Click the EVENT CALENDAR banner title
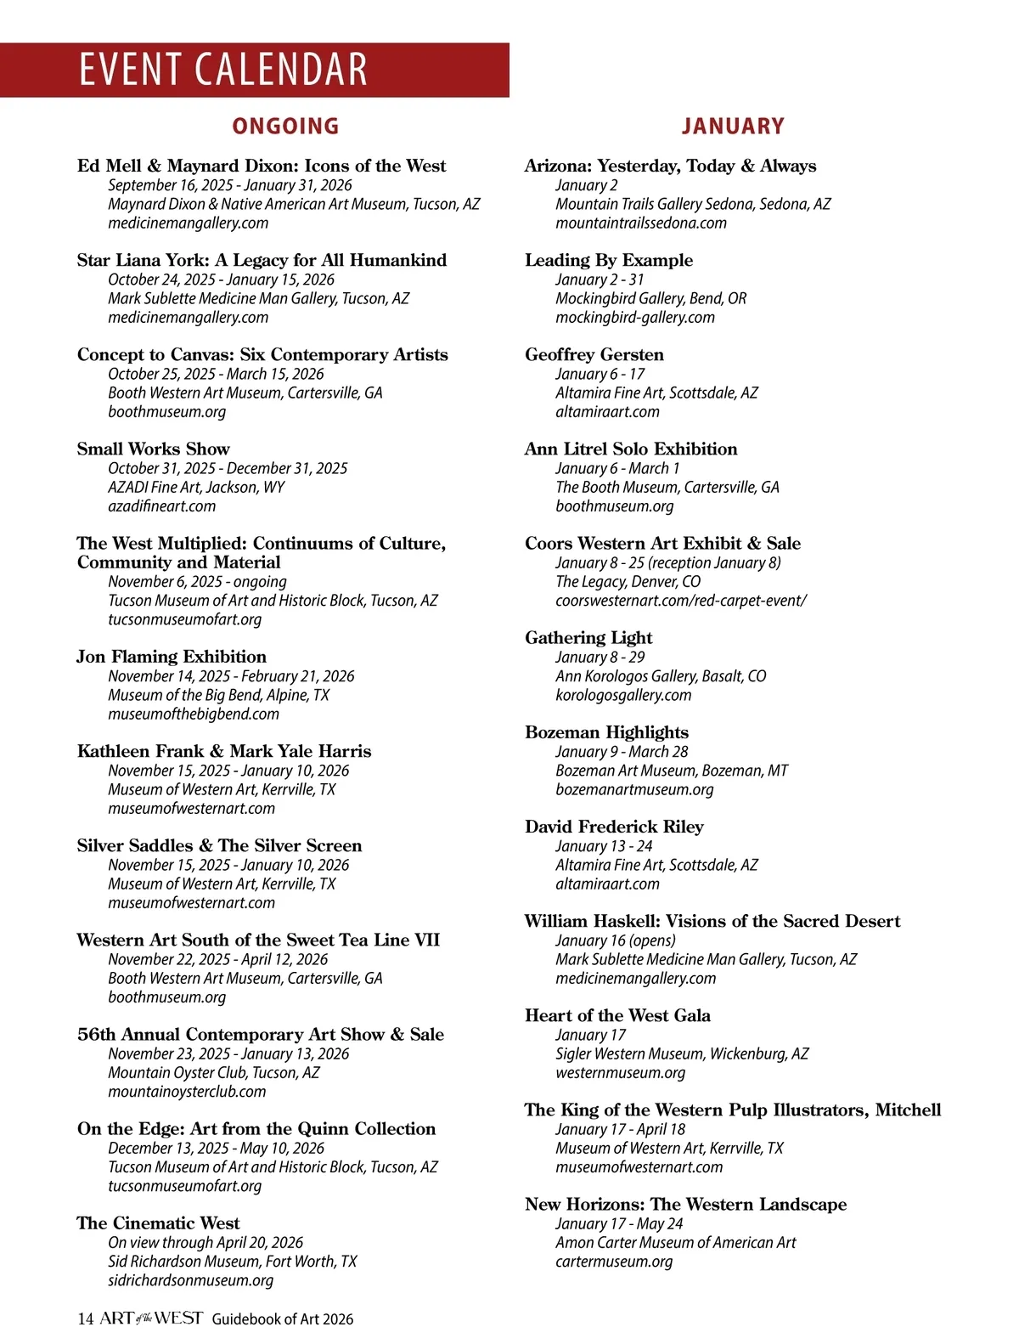[x=223, y=70]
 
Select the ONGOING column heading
[x=285, y=127]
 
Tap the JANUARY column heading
[x=733, y=127]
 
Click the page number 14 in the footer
[x=85, y=1319]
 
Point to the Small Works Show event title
[x=153, y=449]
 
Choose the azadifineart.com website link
[x=161, y=505]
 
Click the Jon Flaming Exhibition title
[x=172, y=657]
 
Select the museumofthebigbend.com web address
[x=194, y=714]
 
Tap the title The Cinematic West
[x=158, y=1223]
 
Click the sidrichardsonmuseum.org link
[x=190, y=1280]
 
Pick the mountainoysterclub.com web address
[x=187, y=1092]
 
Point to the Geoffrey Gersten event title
[x=594, y=354]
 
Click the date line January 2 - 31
[x=600, y=280]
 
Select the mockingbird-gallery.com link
[x=635, y=317]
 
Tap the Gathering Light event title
[x=588, y=638]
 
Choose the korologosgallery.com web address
[x=623, y=695]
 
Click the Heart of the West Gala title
[x=617, y=1016]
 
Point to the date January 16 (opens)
[x=616, y=940]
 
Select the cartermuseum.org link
[x=614, y=1262]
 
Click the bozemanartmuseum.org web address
[x=634, y=789]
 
